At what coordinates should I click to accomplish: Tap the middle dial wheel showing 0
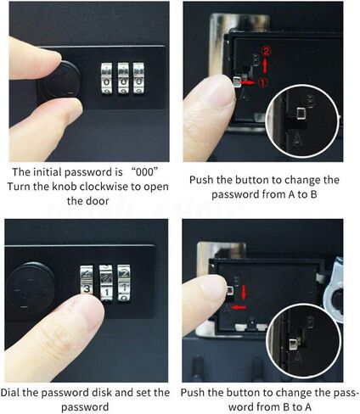pos(123,78)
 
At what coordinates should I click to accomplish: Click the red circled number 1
pos(263,82)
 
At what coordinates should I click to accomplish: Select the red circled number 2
pos(267,52)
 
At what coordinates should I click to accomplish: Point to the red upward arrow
pos(265,65)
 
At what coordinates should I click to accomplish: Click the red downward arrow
pos(244,293)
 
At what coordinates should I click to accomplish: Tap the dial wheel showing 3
pos(87,283)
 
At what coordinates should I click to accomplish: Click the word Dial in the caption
pos(10,393)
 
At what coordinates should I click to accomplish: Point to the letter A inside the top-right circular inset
pos(297,138)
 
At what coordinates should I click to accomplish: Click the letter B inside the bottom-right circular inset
pos(310,322)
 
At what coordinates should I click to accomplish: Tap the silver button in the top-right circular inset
pos(301,114)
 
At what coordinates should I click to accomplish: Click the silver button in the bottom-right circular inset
pos(293,345)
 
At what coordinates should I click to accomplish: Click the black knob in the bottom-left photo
pos(31,287)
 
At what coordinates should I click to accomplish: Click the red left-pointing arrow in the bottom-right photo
pos(239,307)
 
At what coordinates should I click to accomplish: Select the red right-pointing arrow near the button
pos(247,83)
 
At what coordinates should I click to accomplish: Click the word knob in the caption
pos(65,187)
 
